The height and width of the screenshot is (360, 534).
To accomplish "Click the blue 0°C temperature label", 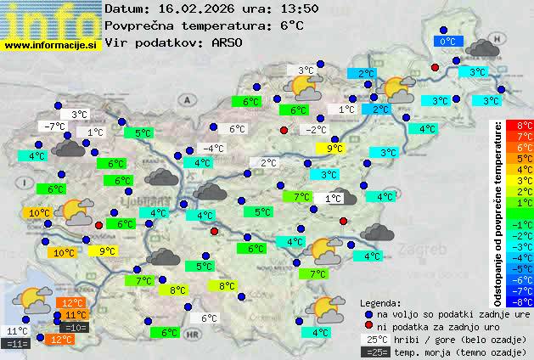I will [x=447, y=41].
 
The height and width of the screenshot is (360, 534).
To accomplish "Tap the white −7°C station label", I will [x=54, y=127].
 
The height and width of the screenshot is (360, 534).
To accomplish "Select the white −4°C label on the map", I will [x=213, y=149].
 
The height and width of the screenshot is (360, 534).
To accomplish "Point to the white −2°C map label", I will [x=316, y=130].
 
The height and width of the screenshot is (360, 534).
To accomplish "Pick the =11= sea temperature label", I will [x=16, y=343].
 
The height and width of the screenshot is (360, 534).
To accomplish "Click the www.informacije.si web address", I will [x=51, y=45].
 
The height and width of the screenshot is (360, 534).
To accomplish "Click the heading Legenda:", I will [x=380, y=302].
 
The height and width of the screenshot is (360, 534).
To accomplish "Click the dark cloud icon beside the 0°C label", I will [x=482, y=48].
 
